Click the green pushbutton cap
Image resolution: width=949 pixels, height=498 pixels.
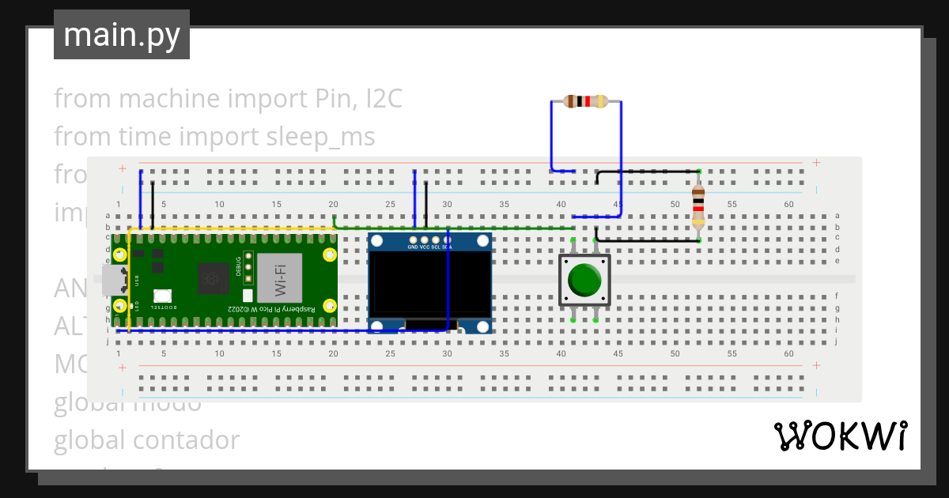tap(585, 280)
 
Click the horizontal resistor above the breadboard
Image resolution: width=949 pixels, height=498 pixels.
tap(586, 101)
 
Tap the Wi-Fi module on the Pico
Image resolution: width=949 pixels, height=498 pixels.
tap(280, 277)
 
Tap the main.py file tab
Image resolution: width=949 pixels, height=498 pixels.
tap(122, 35)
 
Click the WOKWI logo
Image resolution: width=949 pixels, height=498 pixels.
tap(840, 436)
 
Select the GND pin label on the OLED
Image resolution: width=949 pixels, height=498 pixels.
tap(412, 247)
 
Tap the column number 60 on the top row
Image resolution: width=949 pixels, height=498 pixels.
tap(788, 205)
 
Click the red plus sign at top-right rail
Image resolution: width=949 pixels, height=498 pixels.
tap(815, 164)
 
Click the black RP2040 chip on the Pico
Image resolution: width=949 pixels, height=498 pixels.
tap(213, 277)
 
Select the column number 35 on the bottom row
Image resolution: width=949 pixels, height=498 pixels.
tap(504, 353)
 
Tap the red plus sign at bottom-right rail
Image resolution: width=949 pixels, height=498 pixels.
tap(815, 365)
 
